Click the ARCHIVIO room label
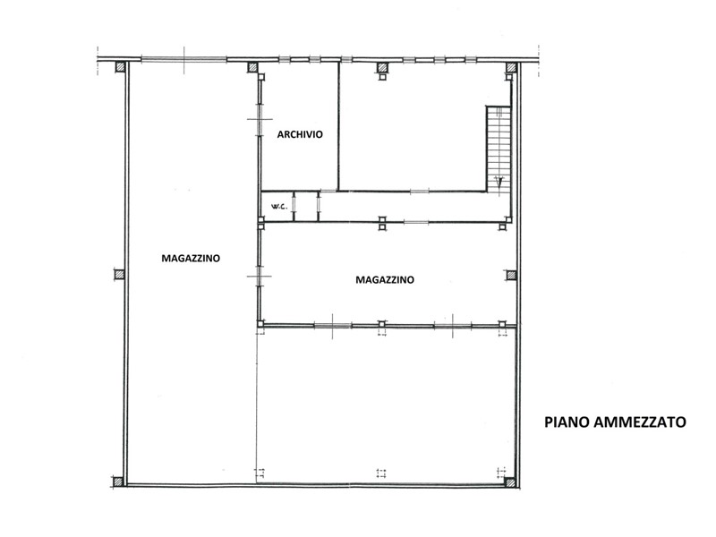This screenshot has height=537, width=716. coord(300,134)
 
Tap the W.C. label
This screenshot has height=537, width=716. coord(279,207)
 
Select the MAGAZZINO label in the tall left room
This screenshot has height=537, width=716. coord(191,259)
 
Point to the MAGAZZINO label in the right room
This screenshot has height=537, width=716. coord(385,280)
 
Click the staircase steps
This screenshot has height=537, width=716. coord(499,149)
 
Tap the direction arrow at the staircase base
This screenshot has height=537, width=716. coord(500,183)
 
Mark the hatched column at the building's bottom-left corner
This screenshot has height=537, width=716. coord(118,482)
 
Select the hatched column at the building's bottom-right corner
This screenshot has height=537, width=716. coord(510,482)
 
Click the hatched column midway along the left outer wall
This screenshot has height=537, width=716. coord(119,275)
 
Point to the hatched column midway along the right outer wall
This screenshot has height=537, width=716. coord(511,276)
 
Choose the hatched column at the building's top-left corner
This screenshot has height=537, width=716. coord(120,67)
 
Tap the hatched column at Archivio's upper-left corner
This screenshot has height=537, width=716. coord(252,68)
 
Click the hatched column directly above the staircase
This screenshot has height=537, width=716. coord(511,68)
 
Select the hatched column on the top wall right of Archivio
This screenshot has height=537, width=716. coord(382,68)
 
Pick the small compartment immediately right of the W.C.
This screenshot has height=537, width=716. coord(305,207)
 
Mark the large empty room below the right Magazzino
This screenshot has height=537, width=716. coord(386,405)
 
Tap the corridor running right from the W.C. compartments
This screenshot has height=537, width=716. coord(413,207)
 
